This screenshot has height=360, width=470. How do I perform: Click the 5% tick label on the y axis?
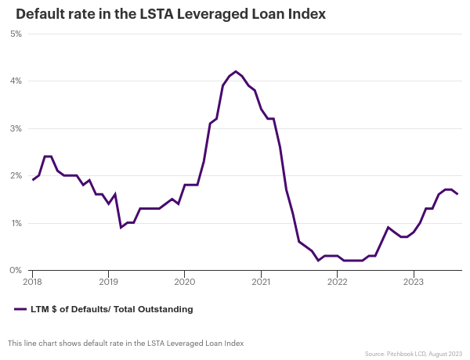coord(16,34)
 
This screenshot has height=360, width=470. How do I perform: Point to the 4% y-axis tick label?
coord(16,81)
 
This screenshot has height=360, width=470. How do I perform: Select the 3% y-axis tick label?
coord(16,128)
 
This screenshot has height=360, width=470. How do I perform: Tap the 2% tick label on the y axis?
coord(16,175)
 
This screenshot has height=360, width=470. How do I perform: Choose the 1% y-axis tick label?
coord(16,223)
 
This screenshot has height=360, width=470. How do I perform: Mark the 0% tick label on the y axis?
coord(16,270)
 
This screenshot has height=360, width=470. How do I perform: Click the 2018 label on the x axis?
coord(33,281)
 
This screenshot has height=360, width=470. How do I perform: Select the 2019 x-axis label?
coord(108,281)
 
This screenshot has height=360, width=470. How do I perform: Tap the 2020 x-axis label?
coord(184,281)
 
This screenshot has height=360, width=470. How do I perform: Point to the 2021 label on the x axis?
coord(261,281)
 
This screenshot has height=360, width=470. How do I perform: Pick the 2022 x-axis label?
coord(337,281)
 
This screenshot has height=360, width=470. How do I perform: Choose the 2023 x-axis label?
coord(413,281)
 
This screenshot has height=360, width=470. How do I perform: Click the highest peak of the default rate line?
coord(236,71)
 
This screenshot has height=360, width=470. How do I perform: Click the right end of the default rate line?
coord(457,194)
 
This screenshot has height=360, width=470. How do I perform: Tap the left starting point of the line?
coord(33,180)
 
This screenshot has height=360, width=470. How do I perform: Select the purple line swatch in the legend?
coord(20,309)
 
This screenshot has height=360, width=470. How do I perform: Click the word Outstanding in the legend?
coord(165,309)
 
